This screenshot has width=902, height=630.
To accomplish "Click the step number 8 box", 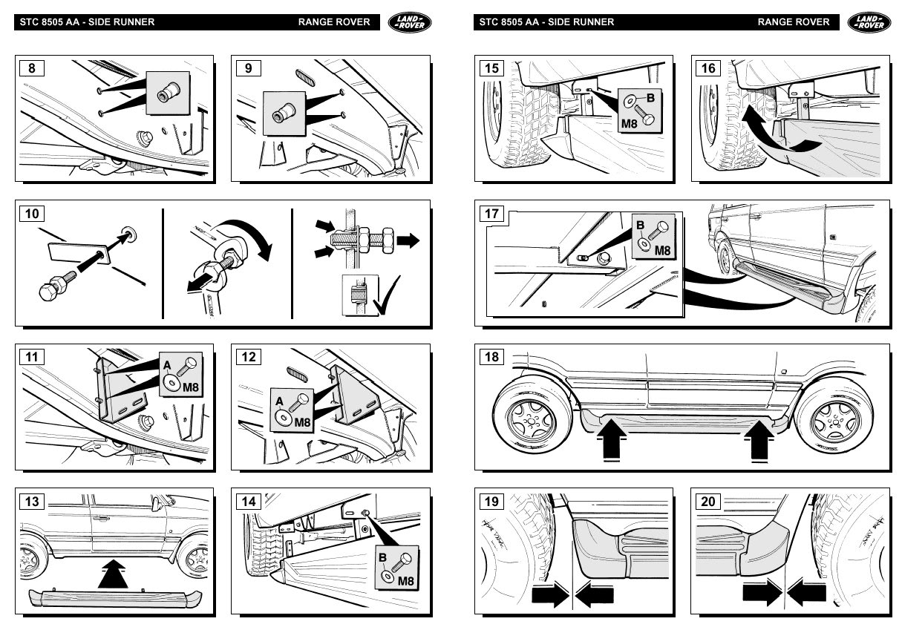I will pos(31,68).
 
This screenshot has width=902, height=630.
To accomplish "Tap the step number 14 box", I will pos(249,502).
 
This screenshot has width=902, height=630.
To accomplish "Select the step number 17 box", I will pos(491,214).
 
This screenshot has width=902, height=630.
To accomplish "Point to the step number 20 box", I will pos(708,502).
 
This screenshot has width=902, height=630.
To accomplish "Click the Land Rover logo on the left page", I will pos(410,22).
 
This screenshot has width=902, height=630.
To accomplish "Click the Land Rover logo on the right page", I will pos(869,22).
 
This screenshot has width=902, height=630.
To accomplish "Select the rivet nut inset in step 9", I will pos(284,113).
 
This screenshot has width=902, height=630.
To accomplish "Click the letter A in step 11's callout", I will pos(167,364).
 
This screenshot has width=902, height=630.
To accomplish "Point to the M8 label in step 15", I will pos(630,123).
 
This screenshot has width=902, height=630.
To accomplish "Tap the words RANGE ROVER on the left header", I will pos(334,22).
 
